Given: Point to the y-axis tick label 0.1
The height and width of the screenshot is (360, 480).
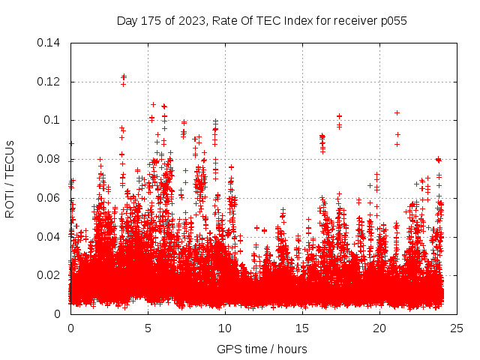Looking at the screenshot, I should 55,120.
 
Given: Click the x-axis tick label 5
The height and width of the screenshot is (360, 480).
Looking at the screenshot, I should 148,328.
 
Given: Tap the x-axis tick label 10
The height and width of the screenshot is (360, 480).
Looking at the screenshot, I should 225,328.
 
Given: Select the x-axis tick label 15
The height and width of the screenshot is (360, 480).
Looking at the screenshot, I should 302,328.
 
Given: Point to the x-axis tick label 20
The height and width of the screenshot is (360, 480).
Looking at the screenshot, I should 379,328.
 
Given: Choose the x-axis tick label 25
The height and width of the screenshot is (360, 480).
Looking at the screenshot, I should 457,328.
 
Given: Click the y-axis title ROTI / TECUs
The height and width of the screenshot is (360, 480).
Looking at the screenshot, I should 10,178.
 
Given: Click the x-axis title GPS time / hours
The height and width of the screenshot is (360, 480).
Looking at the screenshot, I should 262,349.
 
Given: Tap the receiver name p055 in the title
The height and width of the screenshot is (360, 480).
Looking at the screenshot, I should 393,21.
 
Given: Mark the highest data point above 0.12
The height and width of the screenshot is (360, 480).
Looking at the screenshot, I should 124,76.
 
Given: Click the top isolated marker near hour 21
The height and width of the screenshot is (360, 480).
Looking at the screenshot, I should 397,112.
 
